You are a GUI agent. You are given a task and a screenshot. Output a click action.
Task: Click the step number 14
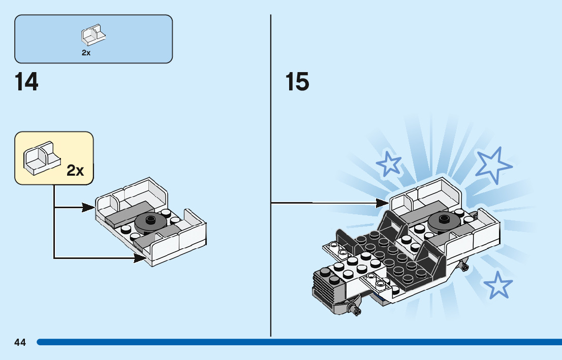point(26,82)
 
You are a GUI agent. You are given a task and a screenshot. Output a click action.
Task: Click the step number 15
point(297,82)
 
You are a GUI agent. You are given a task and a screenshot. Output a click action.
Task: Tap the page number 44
point(20,342)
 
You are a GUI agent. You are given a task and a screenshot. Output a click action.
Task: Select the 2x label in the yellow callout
point(75,171)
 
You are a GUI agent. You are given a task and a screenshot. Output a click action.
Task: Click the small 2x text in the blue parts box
point(86,53)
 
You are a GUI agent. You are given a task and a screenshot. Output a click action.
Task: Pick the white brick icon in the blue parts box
point(93,35)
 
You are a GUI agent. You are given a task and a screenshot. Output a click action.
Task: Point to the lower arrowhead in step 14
point(141,258)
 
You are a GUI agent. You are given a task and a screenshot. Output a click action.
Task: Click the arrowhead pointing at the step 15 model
point(382,203)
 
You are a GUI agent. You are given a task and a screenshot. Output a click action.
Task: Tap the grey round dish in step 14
point(151,221)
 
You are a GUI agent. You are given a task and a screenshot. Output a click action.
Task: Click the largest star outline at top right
point(493,165)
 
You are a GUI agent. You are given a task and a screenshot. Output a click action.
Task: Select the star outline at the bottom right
point(498,285)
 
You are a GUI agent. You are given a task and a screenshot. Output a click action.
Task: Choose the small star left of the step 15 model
point(389,163)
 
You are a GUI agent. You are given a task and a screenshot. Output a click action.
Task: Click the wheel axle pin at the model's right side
point(463,265)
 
